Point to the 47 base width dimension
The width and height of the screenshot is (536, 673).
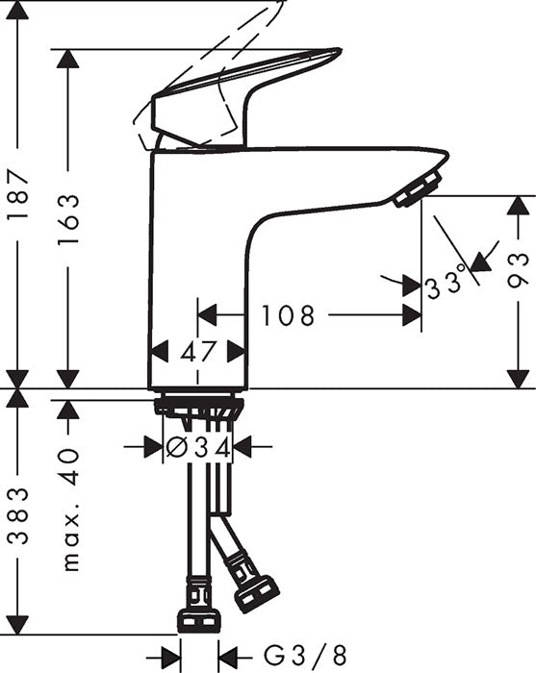(x=199, y=351)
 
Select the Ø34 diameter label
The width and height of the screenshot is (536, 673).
(x=198, y=446)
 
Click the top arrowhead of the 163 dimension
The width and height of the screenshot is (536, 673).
(x=67, y=60)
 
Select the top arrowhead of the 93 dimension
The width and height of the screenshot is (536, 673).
(x=519, y=206)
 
